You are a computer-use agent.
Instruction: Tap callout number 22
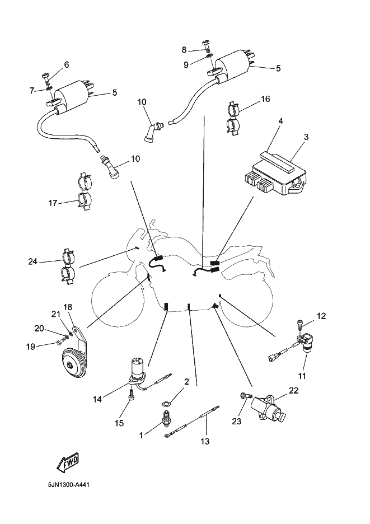(293, 390)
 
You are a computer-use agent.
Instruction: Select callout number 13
(204, 441)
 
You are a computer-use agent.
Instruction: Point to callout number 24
(33, 261)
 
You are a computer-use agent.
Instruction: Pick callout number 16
(265, 99)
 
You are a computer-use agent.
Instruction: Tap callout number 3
(306, 137)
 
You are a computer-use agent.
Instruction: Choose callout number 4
(280, 121)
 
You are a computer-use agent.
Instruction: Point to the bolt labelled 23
(244, 395)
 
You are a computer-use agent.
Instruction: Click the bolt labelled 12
(301, 323)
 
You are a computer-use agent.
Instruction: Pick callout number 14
(98, 399)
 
